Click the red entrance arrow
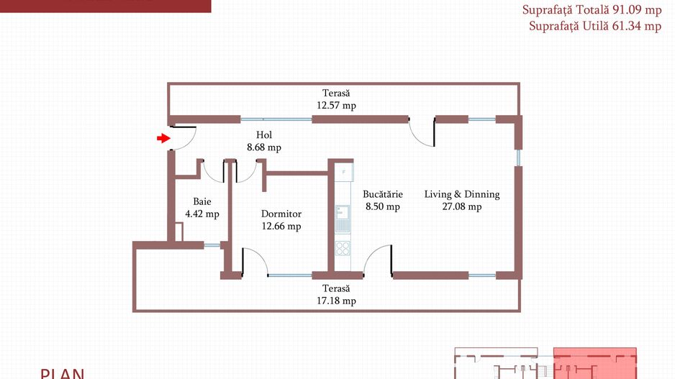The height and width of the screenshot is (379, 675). point(163,138)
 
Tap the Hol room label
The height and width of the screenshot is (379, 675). point(264,135)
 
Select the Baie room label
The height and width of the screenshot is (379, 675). point(202,201)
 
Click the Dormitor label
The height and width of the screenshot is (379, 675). point(281,214)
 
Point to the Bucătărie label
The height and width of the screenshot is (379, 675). point(383,194)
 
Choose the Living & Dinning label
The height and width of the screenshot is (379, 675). point(462,194)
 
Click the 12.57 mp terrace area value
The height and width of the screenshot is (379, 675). point(336,106)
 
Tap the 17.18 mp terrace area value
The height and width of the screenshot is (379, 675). point(336,301)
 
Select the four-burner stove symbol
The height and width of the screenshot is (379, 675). point(343,248)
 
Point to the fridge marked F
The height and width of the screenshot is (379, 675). point(344,172)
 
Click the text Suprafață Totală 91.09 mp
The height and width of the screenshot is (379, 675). point(592,10)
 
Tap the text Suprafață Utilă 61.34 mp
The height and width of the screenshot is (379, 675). point(595,26)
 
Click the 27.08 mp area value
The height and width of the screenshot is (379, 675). point(462,207)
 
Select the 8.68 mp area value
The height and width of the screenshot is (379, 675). point(264,147)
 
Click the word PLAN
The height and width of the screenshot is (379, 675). point(63,373)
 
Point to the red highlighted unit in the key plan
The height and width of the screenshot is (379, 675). point(595,363)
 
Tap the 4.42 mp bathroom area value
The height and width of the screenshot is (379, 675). point(202,214)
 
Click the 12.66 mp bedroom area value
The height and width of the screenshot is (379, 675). point(281,227)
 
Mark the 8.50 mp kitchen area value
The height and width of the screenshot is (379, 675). point(383,207)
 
